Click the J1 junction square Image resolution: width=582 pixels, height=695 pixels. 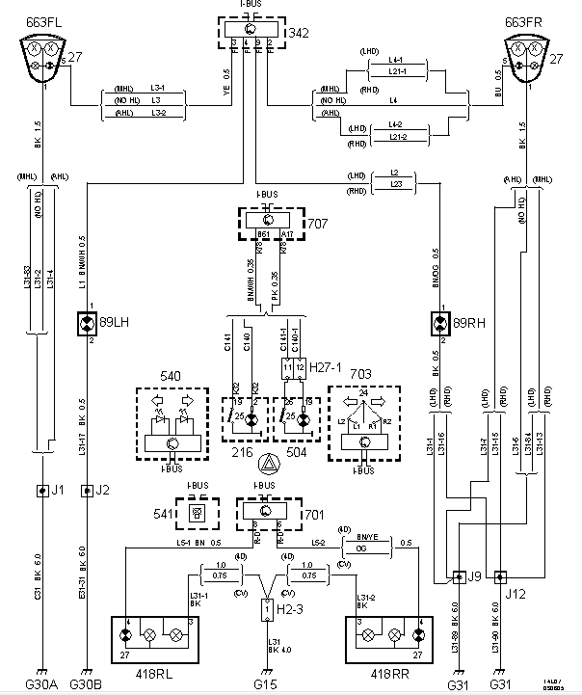coord(42,491)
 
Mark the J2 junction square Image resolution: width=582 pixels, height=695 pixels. coord(86,491)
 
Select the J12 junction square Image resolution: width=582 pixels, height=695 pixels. coord(499,578)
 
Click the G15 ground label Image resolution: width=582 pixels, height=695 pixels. coord(266,685)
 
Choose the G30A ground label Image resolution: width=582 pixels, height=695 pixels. coord(42,685)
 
